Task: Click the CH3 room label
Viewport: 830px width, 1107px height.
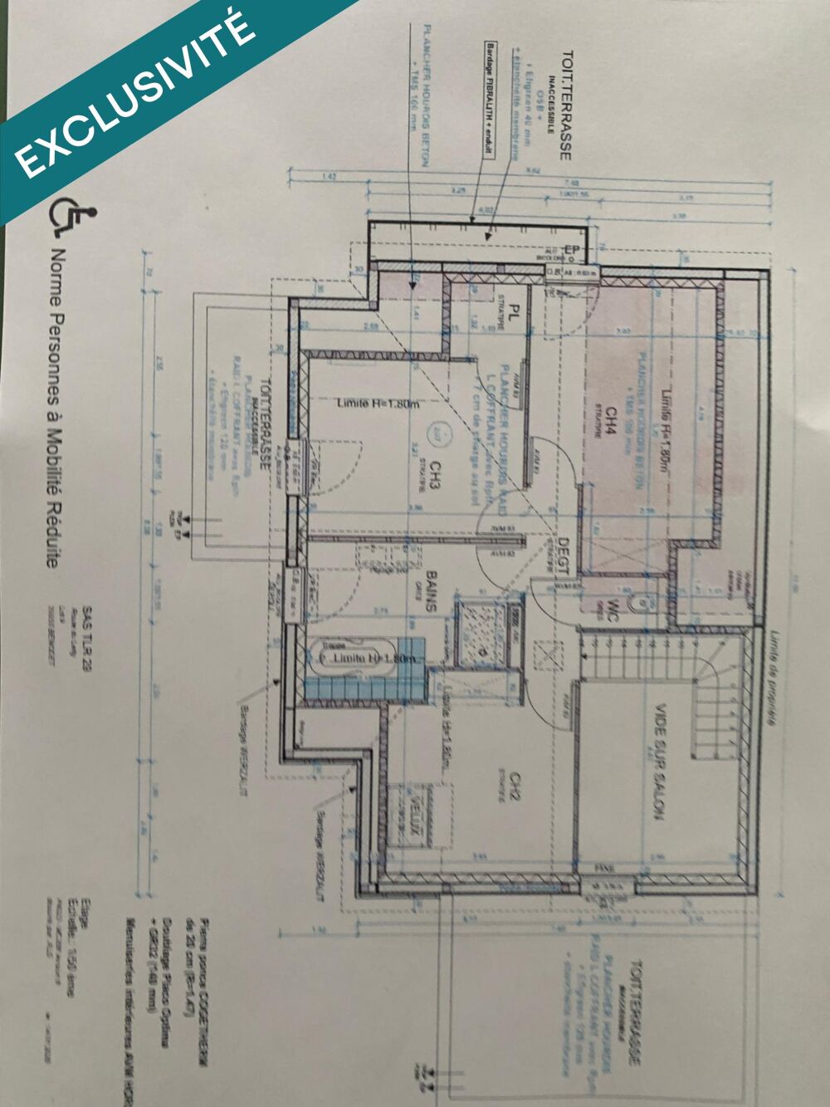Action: [x=433, y=474]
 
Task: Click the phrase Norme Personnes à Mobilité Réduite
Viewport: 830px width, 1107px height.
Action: [x=55, y=407]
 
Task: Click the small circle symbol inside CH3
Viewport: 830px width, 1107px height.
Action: [x=437, y=432]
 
